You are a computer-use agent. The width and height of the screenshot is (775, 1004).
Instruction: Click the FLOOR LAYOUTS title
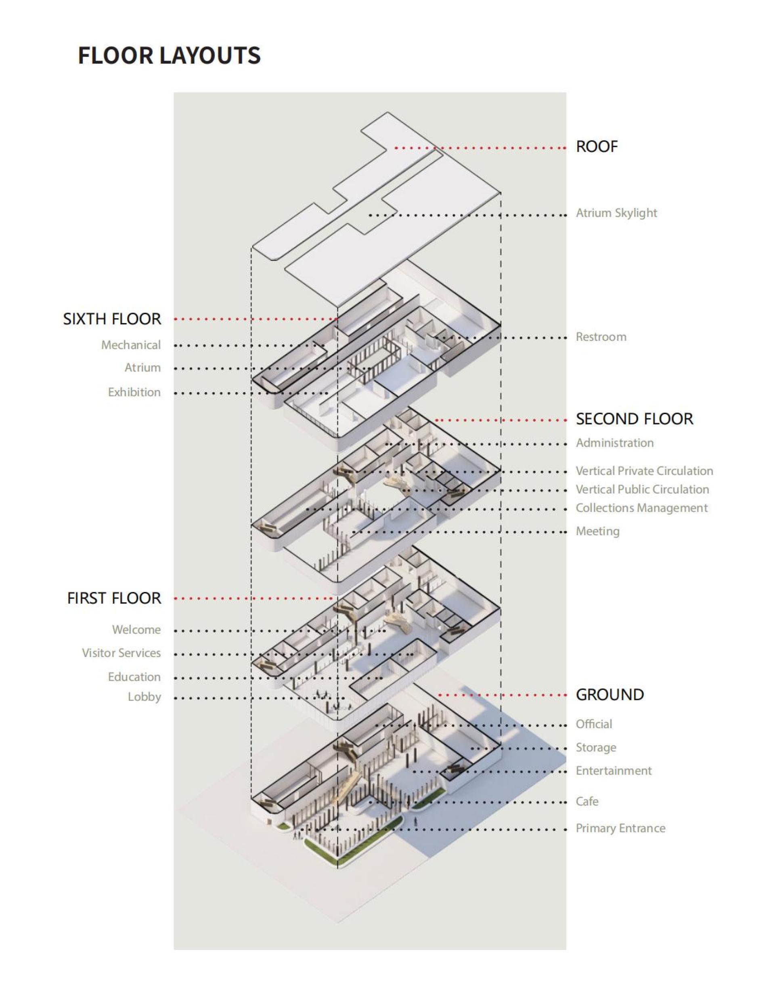point(169,56)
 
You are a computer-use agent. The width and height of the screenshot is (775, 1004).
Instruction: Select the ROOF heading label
point(597,147)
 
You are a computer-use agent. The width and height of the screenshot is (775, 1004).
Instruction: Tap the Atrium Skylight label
point(616,213)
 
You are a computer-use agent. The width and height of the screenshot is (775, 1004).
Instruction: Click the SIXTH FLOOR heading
point(112,319)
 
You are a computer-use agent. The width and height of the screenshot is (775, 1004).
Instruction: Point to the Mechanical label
point(131,345)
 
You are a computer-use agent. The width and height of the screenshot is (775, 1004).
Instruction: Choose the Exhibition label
point(134,392)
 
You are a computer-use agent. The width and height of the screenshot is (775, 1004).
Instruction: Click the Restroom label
point(601,337)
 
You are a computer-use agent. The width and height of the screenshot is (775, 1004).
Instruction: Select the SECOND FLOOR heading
point(635,419)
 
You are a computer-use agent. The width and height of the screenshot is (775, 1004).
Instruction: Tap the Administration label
point(615,443)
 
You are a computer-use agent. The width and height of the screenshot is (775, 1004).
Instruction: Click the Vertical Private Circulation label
point(645,471)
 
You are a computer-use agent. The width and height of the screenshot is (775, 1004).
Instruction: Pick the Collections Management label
point(642,508)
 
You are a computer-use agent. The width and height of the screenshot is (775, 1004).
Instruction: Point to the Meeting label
point(598,531)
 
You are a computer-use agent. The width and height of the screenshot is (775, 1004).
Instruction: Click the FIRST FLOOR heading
point(114,598)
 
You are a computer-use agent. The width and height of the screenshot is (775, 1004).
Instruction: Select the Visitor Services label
point(121,653)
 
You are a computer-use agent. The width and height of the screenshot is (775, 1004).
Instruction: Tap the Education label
point(134,677)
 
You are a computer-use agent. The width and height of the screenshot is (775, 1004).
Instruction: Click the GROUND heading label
point(610,695)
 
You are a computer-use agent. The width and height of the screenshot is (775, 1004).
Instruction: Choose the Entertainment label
point(614,771)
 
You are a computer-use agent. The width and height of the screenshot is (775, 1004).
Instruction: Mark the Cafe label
point(587,802)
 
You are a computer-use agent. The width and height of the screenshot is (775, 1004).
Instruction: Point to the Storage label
point(596,748)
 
